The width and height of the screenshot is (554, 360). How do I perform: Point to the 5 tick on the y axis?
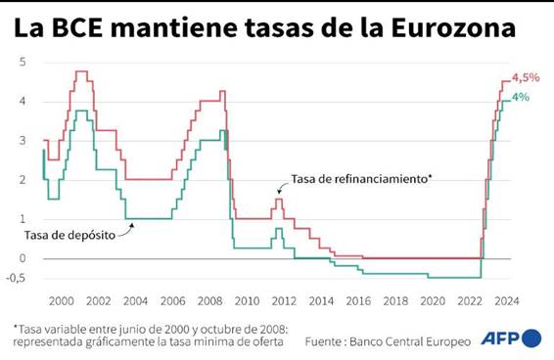23,62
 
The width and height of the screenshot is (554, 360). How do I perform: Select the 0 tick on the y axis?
23,258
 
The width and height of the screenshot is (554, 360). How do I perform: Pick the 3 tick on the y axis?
23,141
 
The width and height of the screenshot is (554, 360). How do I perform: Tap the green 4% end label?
522,97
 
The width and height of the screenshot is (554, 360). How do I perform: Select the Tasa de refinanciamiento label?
361,180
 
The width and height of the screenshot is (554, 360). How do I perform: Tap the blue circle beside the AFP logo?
532,339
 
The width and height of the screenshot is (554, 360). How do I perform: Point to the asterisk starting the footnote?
16,327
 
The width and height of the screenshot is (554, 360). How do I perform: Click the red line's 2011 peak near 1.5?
278,200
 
